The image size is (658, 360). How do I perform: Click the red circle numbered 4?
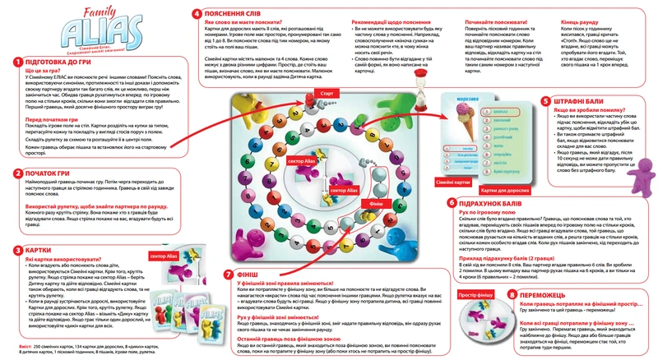(196, 14)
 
